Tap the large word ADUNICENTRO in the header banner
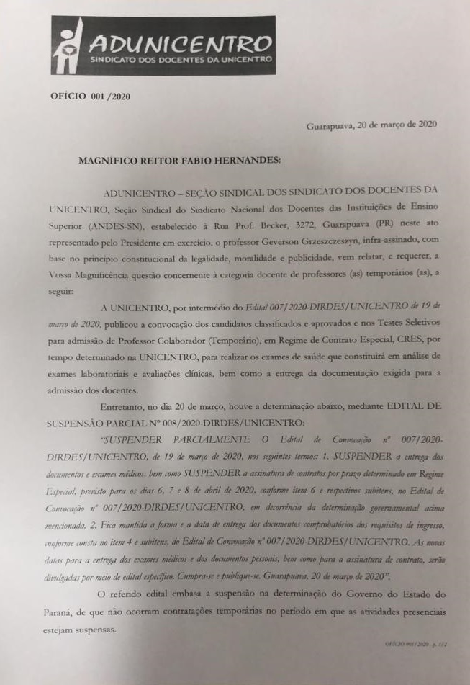tap(179, 44)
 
